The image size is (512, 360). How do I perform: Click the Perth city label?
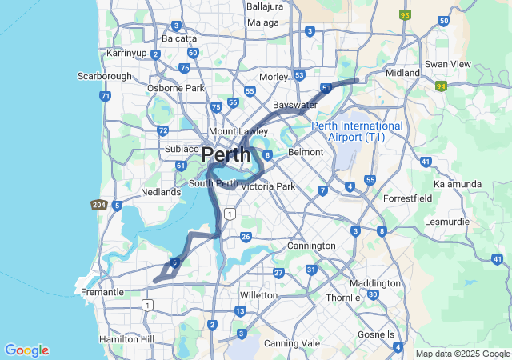[x=226, y=154]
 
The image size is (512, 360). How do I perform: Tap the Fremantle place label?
[x=102, y=292]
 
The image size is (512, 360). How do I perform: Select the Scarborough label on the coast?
[x=104, y=76]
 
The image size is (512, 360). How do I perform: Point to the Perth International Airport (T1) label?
[x=357, y=131]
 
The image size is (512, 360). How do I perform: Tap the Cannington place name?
[x=311, y=246]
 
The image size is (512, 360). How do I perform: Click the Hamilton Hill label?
[x=125, y=339]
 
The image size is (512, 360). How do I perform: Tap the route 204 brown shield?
[x=99, y=205]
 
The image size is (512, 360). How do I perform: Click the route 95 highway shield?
[x=405, y=14]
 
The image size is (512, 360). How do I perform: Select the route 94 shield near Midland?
[x=441, y=86]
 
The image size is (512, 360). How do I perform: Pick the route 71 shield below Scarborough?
[x=105, y=96]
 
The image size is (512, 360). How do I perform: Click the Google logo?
[x=26, y=350]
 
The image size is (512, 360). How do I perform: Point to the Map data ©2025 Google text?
[x=462, y=354]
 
